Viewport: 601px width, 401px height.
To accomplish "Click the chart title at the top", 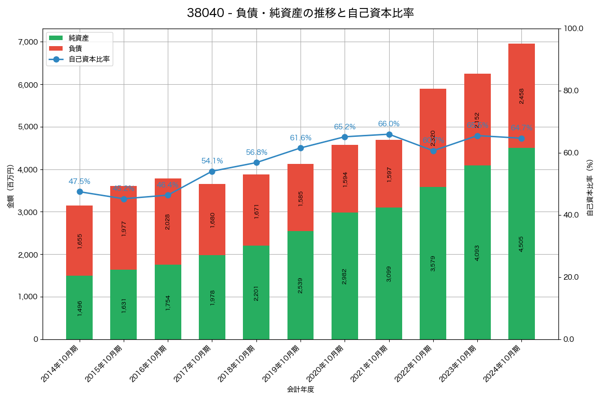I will click(x=300, y=14).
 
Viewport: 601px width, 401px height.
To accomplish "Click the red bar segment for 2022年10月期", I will click(x=433, y=138).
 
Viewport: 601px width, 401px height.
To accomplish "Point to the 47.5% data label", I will click(x=80, y=181).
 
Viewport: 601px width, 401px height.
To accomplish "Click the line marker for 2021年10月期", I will click(x=389, y=134).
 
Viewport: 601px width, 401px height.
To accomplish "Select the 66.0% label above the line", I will click(x=389, y=124).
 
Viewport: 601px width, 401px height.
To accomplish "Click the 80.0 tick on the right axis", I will click(x=571, y=91).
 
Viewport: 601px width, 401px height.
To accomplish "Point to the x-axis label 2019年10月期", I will click(x=281, y=364).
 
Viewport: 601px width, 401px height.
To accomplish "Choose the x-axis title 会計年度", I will click(x=300, y=389).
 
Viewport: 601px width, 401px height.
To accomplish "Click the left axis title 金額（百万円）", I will click(x=11, y=186).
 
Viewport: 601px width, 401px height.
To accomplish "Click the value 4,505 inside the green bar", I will click(x=521, y=244).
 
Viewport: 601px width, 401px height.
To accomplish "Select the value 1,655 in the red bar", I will click(x=80, y=241).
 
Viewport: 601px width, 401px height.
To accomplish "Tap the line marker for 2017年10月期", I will click(x=212, y=171).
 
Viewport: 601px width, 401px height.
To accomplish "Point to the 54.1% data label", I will click(x=212, y=161).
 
